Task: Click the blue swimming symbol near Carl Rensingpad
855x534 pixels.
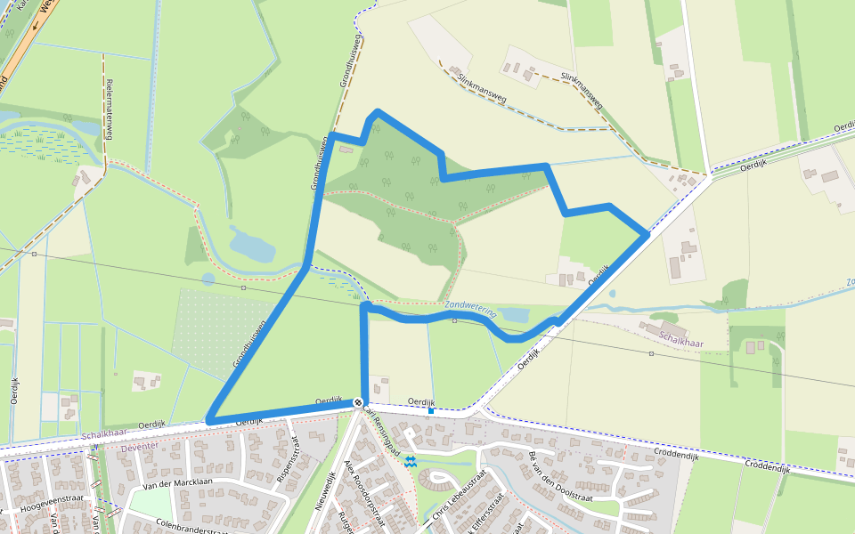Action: (411, 461)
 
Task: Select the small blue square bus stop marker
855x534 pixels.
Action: (431, 410)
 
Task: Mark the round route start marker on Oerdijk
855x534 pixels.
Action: (357, 403)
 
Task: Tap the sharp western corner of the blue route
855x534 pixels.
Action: (208, 420)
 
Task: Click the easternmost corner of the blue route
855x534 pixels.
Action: (647, 234)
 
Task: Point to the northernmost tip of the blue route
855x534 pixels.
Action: (379, 112)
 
